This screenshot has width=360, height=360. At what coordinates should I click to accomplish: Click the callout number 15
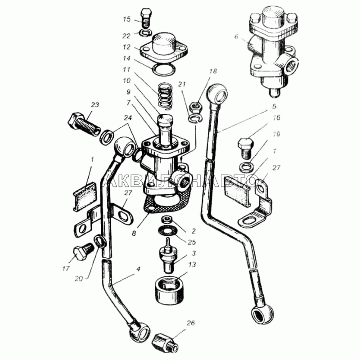pyautogui.click(x=127, y=19)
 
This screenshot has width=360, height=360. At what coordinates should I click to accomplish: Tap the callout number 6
pyautogui.click(x=237, y=37)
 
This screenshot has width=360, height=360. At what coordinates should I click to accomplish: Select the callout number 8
pyautogui.click(x=134, y=233)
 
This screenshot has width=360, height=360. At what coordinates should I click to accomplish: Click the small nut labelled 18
pyautogui.click(x=195, y=107)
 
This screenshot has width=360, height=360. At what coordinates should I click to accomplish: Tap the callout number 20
pyautogui.click(x=78, y=279)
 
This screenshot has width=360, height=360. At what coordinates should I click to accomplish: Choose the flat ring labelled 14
pyautogui.click(x=164, y=70)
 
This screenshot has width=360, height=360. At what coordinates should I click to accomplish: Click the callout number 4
pyautogui.click(x=138, y=269)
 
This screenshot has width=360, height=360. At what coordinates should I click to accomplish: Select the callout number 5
pyautogui.click(x=274, y=106)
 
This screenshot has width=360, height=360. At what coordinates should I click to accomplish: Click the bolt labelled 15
pyautogui.click(x=145, y=17)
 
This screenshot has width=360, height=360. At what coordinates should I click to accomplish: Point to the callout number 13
pyautogui.click(x=192, y=265)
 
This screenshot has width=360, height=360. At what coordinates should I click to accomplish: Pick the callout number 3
pyautogui.click(x=194, y=253)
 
